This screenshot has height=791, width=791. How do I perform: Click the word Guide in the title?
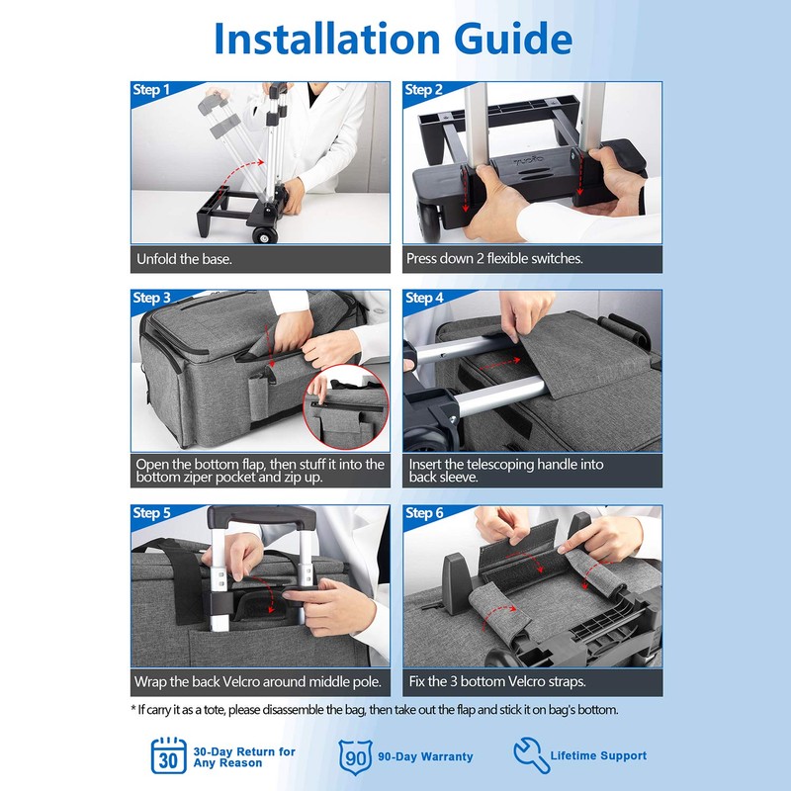[513, 39]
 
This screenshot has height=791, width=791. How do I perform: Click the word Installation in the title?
[327, 39]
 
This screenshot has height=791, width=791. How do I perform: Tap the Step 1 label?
[151, 90]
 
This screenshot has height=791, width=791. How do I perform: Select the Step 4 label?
[424, 299]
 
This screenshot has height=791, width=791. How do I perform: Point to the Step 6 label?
[424, 513]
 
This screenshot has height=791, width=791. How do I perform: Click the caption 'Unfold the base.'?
[184, 259]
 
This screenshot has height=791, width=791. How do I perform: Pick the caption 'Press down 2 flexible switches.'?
[494, 259]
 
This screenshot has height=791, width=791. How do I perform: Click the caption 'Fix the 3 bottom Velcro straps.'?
[497, 681]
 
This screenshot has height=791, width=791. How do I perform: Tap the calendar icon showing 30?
[169, 755]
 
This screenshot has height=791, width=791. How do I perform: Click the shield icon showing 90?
[356, 756]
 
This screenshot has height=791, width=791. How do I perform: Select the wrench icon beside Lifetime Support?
[531, 754]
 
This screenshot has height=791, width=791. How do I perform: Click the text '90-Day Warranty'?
[425, 756]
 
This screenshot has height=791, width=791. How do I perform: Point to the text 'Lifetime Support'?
[598, 755]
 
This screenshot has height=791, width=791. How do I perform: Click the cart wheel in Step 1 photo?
[265, 235]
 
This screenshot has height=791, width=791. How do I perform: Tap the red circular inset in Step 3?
[347, 406]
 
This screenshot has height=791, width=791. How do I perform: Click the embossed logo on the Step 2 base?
[529, 160]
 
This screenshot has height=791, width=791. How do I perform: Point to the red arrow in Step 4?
[499, 363]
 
